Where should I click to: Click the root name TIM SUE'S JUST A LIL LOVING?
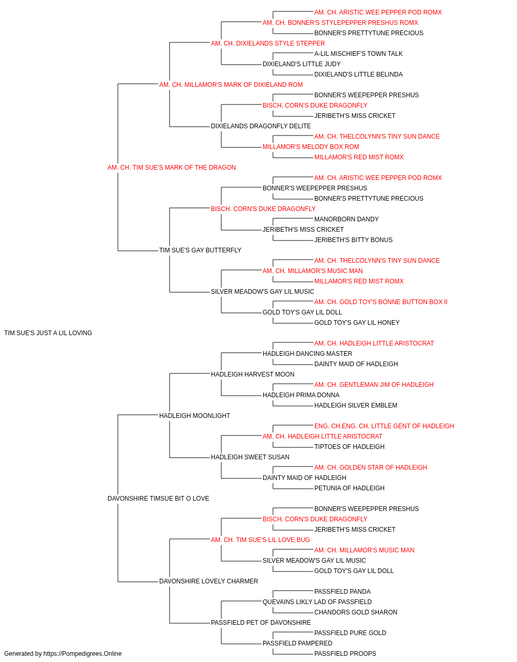(x=48, y=333)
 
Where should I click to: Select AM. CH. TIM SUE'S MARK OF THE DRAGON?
(x=172, y=167)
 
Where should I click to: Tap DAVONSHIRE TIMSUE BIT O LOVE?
(x=158, y=499)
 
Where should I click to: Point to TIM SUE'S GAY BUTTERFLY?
(x=201, y=250)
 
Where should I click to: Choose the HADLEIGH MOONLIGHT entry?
(x=194, y=415)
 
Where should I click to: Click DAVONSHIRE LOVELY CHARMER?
(x=208, y=581)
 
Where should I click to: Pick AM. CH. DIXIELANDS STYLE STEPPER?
(x=268, y=43)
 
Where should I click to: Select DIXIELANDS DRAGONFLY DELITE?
(x=261, y=126)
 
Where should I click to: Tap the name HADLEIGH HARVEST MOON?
(x=253, y=374)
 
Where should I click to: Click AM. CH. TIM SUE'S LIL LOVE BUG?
(x=261, y=539)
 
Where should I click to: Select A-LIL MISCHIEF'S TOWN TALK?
(x=358, y=54)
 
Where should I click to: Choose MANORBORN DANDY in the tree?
(x=346, y=219)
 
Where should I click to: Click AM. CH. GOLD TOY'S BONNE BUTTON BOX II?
(x=381, y=302)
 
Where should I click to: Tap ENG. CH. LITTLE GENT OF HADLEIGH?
(x=398, y=426)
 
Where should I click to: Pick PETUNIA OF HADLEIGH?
(x=349, y=488)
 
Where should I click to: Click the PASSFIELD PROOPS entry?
(x=345, y=654)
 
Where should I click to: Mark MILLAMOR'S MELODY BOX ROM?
(x=311, y=146)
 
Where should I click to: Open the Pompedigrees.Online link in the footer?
(x=83, y=654)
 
